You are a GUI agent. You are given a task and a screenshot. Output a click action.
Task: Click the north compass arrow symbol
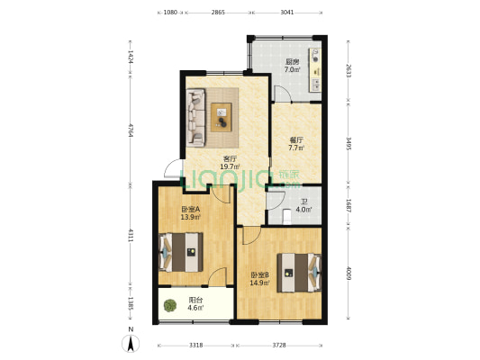click(131, 343)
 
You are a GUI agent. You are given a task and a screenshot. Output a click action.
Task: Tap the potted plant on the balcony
click(170, 305)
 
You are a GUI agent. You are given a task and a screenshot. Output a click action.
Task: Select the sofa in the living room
click(196, 118)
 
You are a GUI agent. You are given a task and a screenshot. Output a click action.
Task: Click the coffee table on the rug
click(222, 118)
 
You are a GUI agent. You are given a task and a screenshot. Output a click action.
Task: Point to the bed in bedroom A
click(181, 252)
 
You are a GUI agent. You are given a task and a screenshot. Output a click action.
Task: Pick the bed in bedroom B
click(299, 273)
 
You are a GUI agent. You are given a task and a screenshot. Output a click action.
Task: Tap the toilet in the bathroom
click(287, 216)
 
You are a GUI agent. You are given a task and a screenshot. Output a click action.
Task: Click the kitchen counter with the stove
click(315, 70)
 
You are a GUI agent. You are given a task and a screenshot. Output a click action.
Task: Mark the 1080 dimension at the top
click(170, 13)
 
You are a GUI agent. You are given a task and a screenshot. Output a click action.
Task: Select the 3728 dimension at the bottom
click(279, 346)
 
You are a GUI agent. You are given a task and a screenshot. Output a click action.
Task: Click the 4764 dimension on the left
click(131, 130)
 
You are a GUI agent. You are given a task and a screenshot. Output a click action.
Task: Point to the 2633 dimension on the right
click(349, 71)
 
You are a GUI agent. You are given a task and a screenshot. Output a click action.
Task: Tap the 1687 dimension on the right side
click(349, 205)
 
